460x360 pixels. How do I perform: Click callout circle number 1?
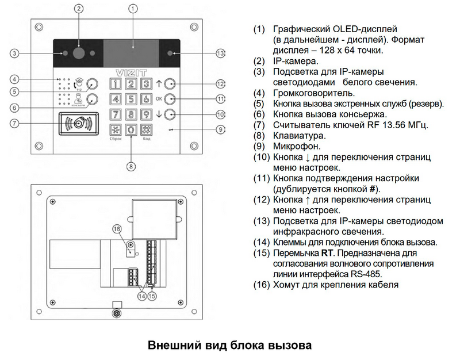click(133, 9)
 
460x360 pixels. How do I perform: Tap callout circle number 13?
click(220, 53)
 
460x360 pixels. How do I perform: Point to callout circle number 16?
click(117, 229)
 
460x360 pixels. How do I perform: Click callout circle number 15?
click(152, 296)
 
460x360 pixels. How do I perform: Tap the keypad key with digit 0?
click(131, 129)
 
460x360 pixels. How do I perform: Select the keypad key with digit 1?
click(117, 84)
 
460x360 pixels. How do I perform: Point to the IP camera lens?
click(79, 53)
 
